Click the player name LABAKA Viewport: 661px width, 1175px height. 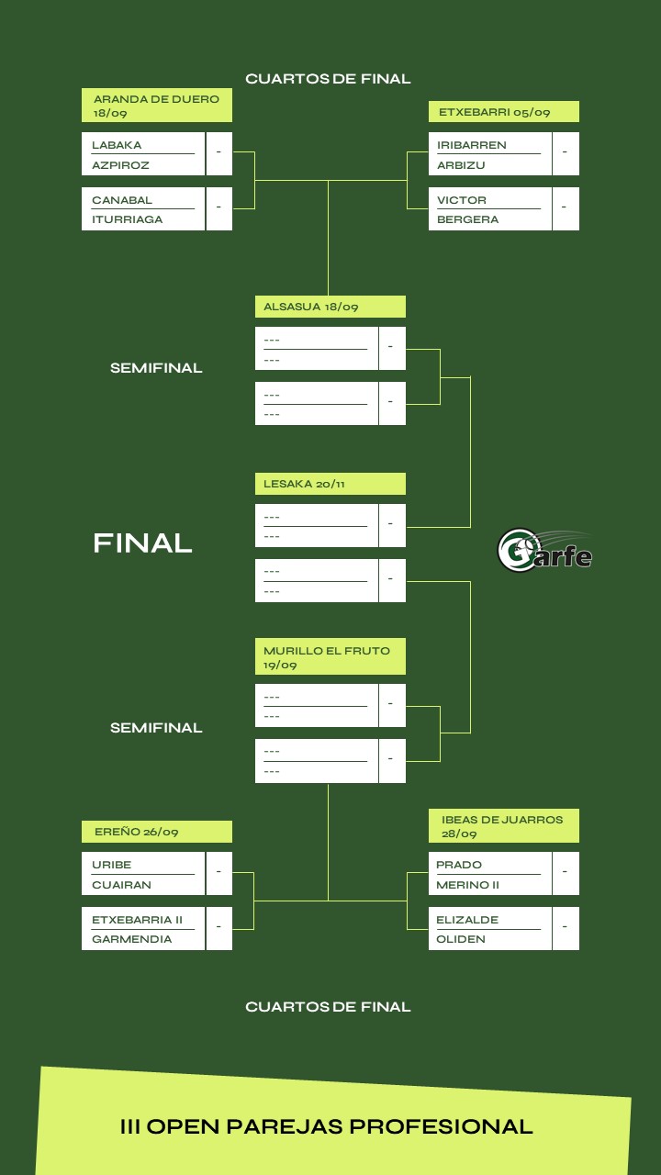pyautogui.click(x=117, y=145)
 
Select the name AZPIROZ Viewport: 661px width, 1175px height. pyautogui.click(x=120, y=165)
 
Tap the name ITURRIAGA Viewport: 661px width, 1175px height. pyautogui.click(x=127, y=219)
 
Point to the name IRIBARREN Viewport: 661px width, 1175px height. pyautogui.click(x=472, y=145)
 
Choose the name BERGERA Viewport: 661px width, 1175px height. pyautogui.click(x=467, y=219)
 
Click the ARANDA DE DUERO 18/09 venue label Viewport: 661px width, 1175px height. pyautogui.click(x=157, y=106)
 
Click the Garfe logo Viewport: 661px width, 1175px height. pyautogui.click(x=544, y=551)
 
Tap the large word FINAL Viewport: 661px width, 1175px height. pyautogui.click(x=142, y=543)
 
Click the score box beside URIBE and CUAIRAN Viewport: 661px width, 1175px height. pyautogui.click(x=219, y=873)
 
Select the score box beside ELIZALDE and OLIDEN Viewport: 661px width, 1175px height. pyautogui.click(x=566, y=928)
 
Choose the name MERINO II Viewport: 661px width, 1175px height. pyautogui.click(x=467, y=885)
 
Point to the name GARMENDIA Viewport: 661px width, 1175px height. pyautogui.click(x=131, y=939)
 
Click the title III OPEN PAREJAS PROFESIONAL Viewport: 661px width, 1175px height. pyautogui.click(x=326, y=1126)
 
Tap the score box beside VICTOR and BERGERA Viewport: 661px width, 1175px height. pyautogui.click(x=566, y=208)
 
